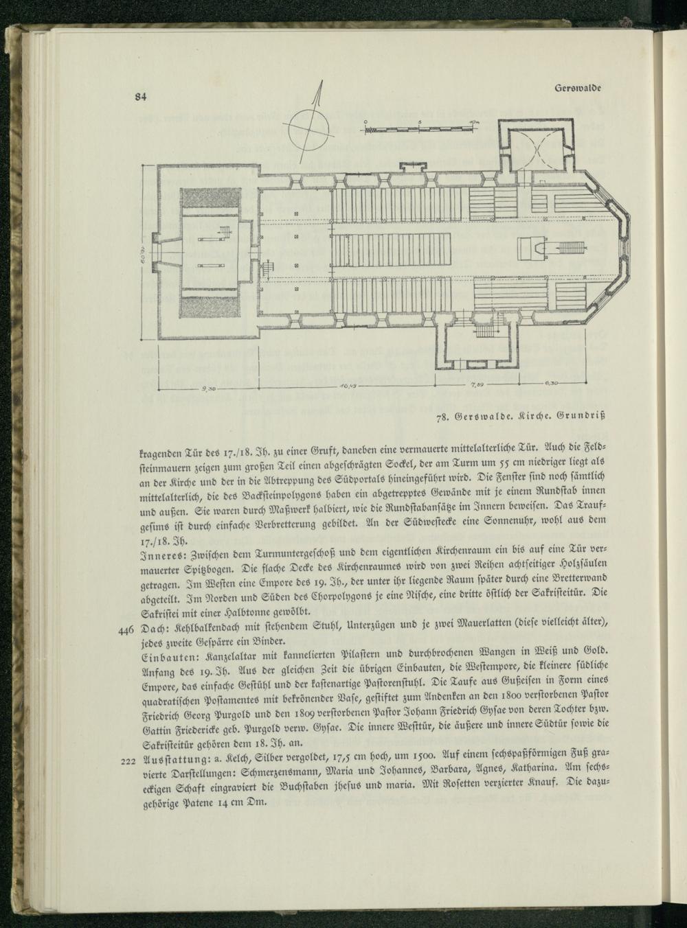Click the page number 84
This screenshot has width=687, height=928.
141,97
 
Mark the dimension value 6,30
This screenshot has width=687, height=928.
554,384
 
